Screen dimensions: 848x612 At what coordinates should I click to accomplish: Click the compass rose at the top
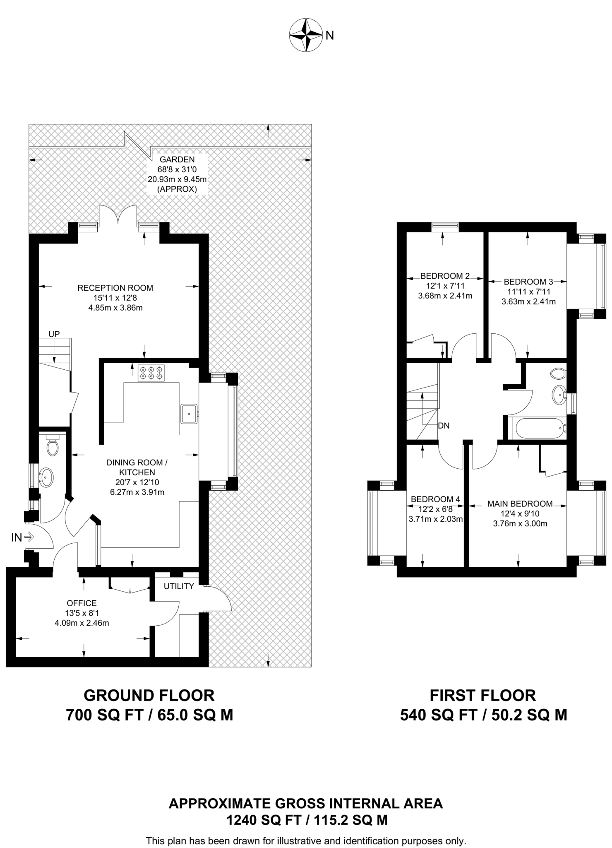point(306,35)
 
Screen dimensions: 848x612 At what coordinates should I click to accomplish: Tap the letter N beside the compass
point(330,36)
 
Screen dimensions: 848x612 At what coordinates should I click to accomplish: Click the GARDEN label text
point(177,159)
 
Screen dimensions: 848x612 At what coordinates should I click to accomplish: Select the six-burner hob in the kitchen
point(151,373)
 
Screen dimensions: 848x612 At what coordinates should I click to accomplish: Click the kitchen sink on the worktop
point(190,413)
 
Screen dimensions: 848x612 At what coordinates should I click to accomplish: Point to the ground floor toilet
point(53,446)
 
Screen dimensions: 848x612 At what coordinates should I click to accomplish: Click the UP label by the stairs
point(54,334)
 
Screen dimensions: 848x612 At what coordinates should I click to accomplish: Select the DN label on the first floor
point(444,426)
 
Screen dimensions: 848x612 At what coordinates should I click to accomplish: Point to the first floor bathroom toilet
point(559,373)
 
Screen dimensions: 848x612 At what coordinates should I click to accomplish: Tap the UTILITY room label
point(179,586)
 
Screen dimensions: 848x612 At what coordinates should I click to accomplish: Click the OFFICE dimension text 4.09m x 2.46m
point(82,623)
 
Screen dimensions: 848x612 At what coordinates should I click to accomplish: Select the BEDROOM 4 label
point(435,499)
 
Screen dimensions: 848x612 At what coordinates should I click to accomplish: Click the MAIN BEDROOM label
point(520,504)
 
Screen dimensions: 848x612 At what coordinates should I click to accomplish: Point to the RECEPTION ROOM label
point(115,288)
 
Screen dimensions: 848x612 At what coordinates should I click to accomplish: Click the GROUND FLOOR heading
point(149,695)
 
